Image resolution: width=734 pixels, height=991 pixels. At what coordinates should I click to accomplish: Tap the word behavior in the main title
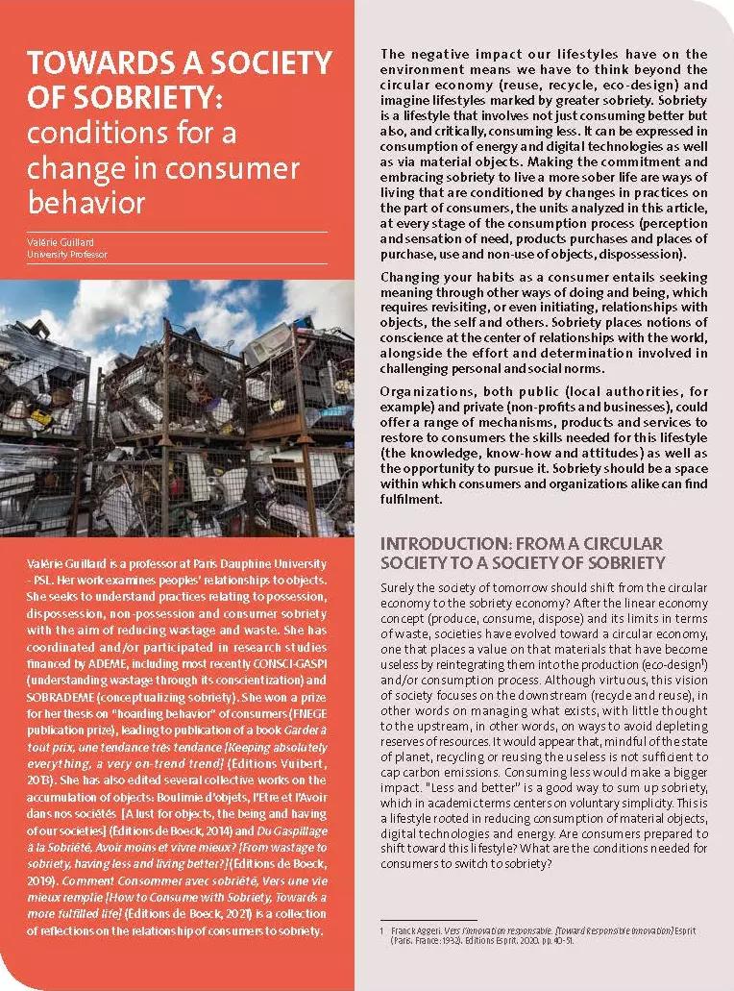click(x=86, y=204)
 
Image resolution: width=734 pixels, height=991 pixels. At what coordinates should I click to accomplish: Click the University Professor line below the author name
click(x=66, y=255)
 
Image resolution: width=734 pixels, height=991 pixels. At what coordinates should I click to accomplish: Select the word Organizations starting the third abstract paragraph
click(x=424, y=391)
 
